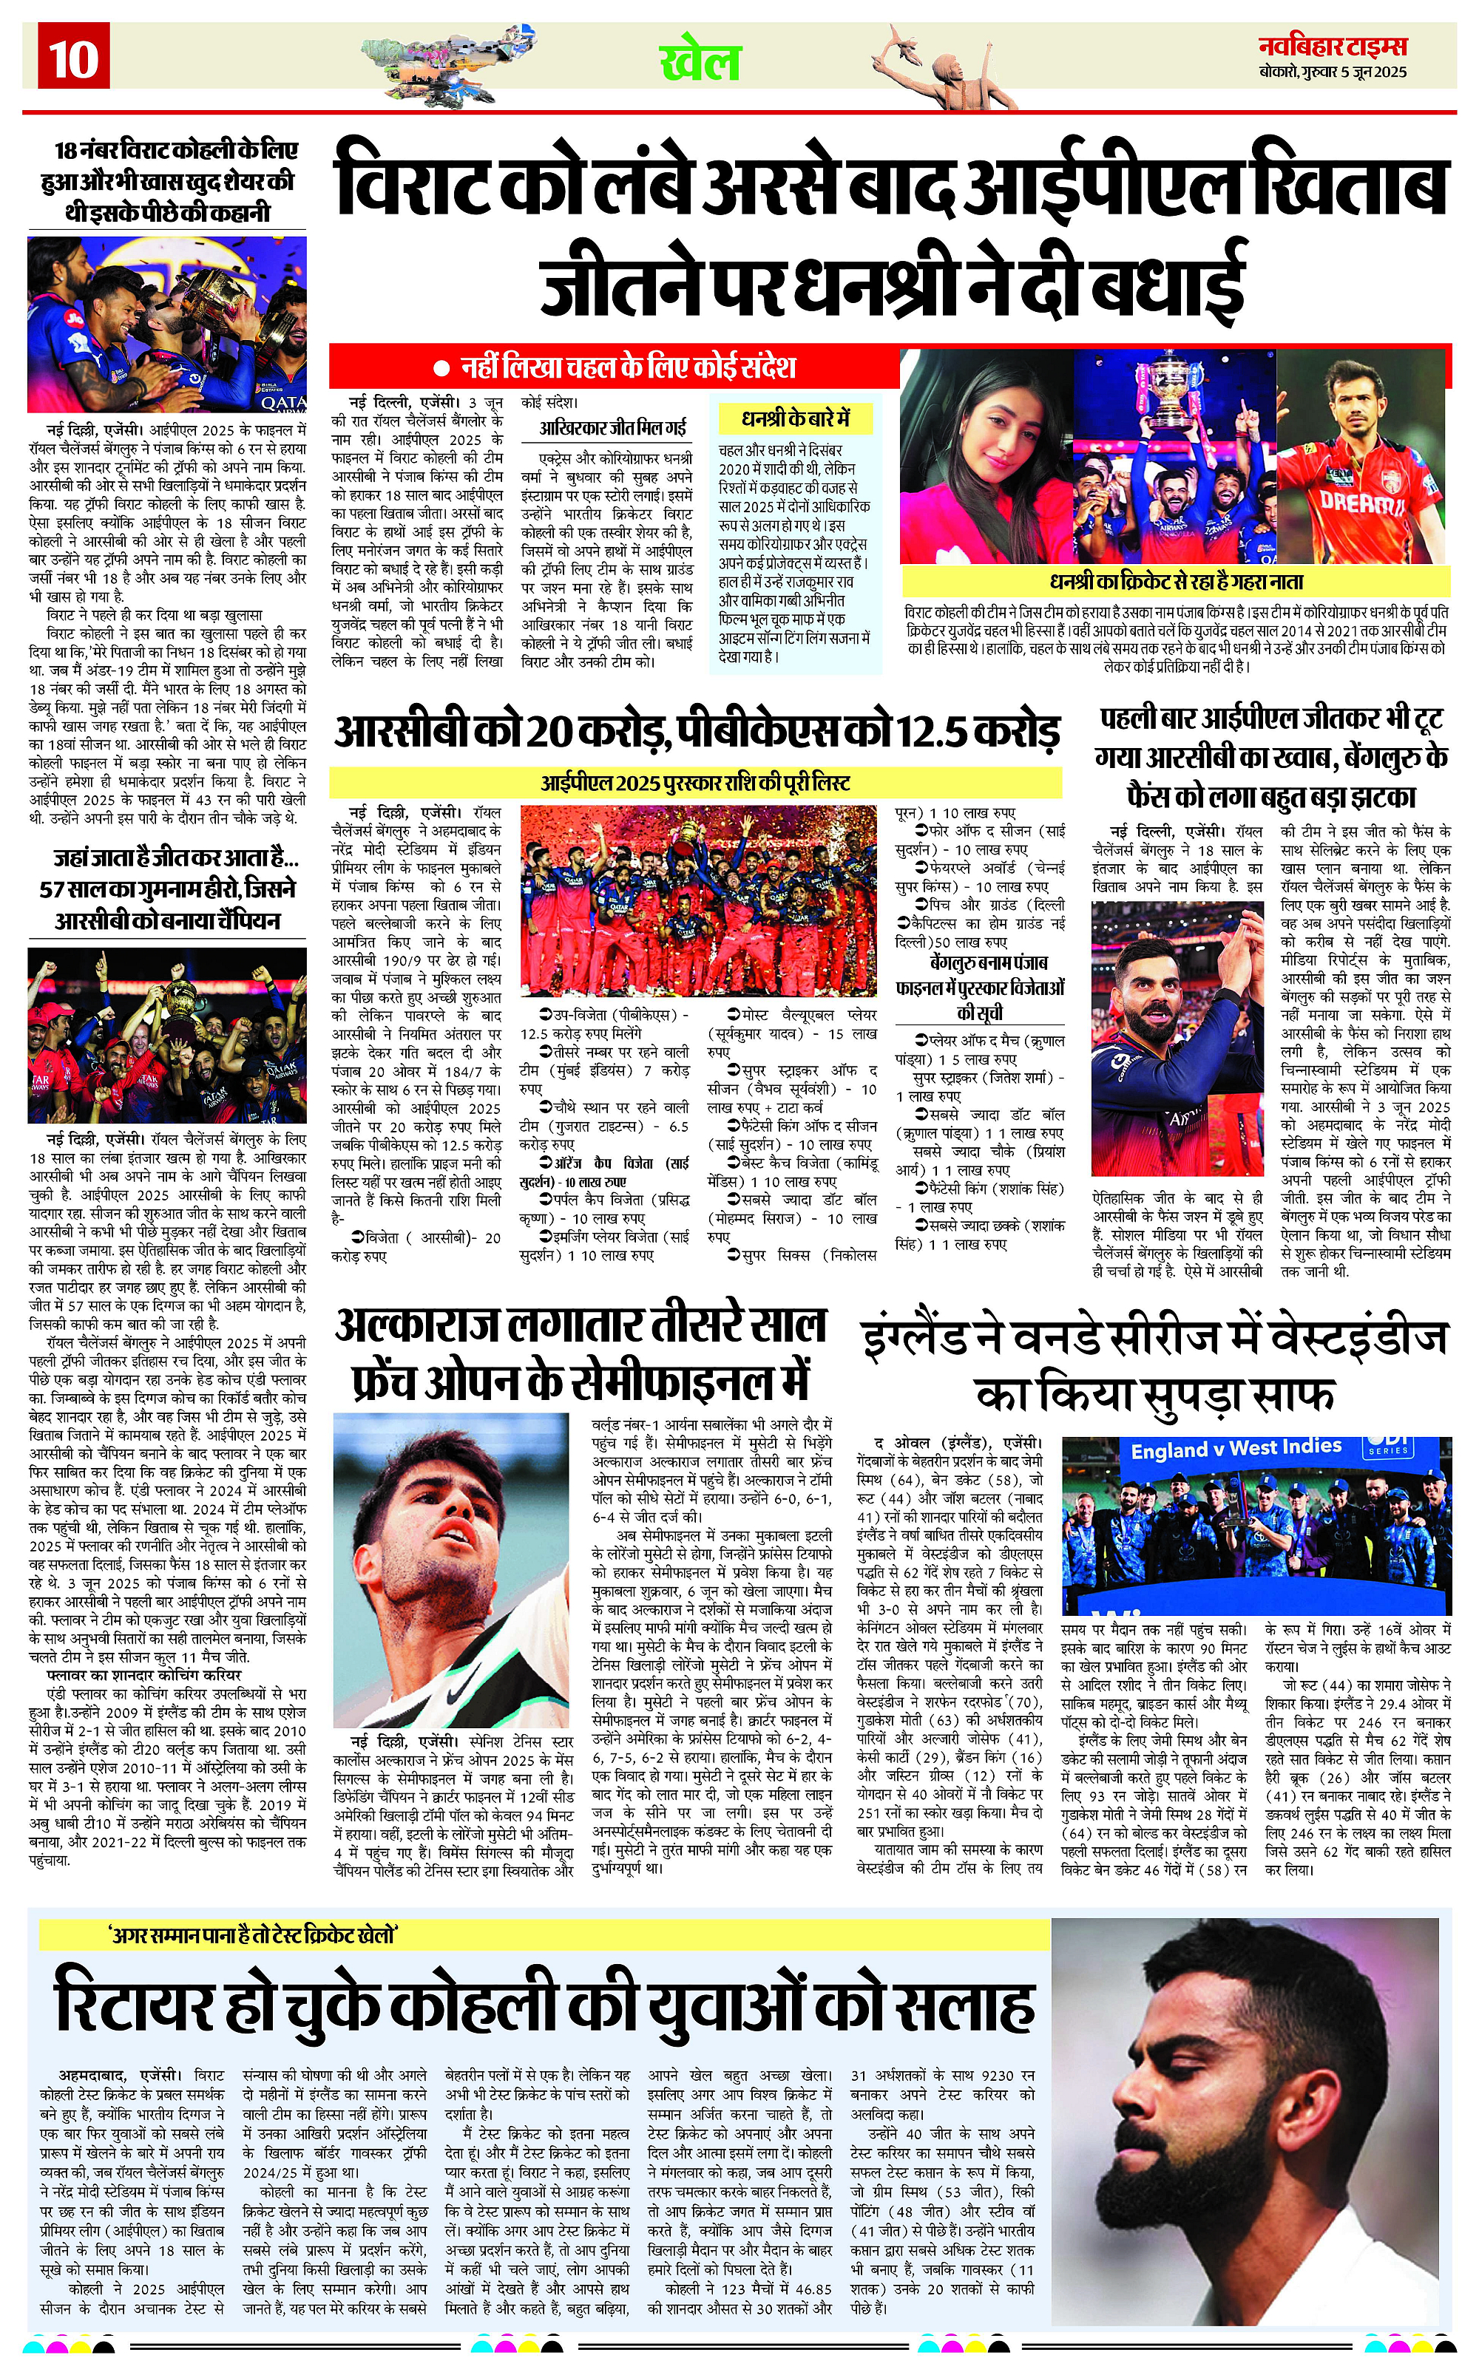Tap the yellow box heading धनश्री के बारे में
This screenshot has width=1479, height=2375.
tap(795, 419)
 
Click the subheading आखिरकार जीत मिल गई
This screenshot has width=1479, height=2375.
tap(613, 427)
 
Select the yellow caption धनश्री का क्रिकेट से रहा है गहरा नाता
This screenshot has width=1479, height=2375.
tap(1176, 581)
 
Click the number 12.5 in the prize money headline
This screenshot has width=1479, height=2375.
tap(935, 731)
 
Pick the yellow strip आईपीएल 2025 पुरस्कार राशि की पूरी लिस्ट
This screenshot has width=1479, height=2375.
tap(695, 782)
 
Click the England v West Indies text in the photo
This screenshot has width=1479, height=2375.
tap(1236, 1448)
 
